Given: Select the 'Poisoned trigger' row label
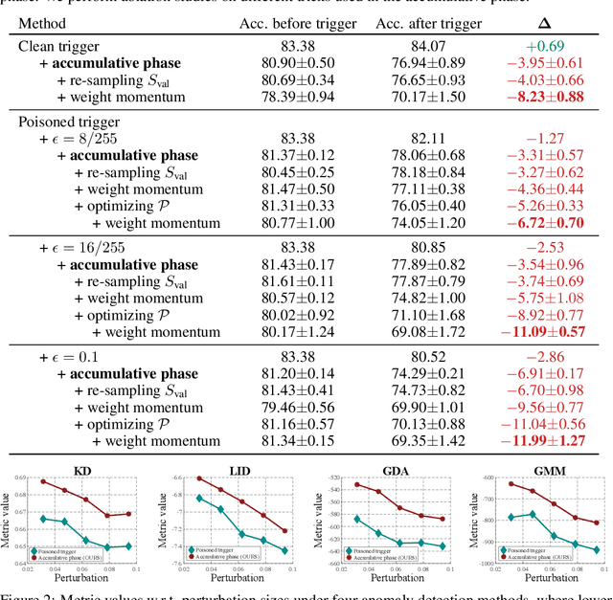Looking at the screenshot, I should tap(73, 122).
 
